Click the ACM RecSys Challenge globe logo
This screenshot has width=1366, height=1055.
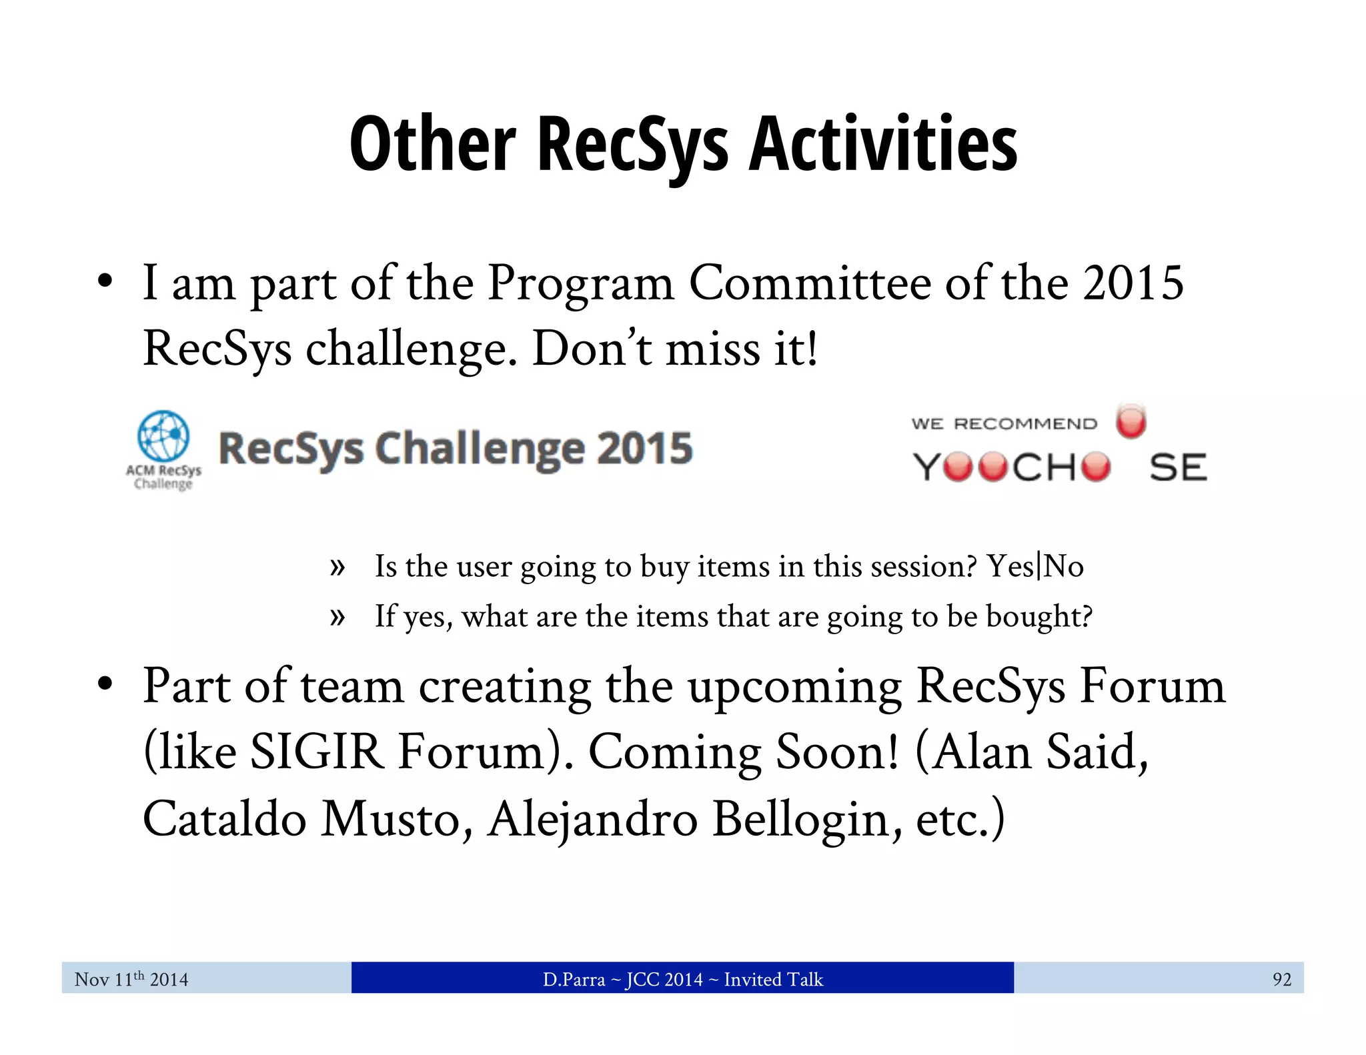163,436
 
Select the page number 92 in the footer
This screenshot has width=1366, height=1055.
1281,979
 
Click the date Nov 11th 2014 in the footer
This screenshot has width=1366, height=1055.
131,979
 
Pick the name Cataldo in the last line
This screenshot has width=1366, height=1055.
224,819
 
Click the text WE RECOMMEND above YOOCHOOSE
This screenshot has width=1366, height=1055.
1004,424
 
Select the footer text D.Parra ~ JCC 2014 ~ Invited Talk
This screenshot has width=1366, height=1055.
682,979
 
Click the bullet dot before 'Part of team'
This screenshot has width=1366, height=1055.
105,685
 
